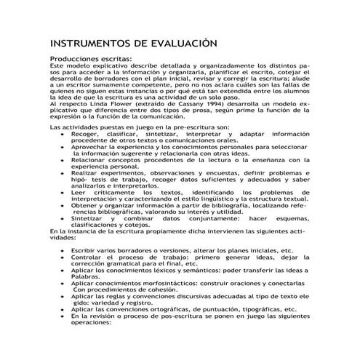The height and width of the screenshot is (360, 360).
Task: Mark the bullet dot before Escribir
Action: coord(63,250)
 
